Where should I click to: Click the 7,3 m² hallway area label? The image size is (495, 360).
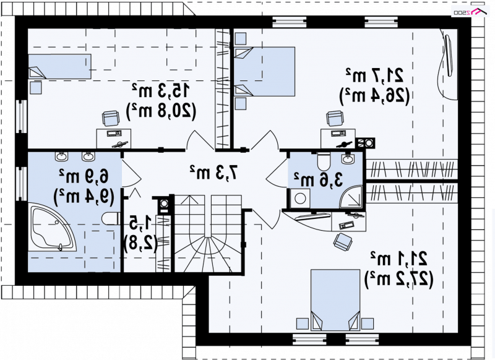213,172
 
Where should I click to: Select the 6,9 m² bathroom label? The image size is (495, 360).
84,176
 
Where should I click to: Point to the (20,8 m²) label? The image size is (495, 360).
161,111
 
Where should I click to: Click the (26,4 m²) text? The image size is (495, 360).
374,95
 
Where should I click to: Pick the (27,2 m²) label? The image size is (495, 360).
398,279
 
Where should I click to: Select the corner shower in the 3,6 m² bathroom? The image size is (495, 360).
351,197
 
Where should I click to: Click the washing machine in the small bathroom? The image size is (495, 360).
300,199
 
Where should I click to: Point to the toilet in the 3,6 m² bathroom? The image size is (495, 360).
323,161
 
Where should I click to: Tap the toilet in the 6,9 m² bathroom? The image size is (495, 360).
111,218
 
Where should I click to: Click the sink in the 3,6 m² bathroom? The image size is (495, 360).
348,158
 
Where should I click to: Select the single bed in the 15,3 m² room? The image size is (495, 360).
59,66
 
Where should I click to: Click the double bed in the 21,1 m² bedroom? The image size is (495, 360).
335,300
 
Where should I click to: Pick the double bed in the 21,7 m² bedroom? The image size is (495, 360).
265,72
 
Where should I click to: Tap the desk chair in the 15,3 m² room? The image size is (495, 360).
111,119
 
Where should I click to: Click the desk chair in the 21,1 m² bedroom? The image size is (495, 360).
343,242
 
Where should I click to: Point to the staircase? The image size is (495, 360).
208,233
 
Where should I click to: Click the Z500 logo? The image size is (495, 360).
469,12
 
